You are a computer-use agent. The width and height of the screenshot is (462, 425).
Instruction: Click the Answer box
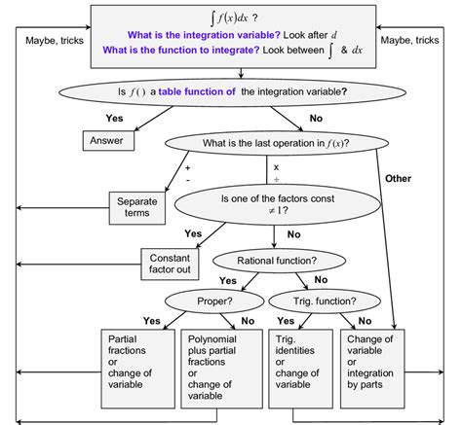(107, 139)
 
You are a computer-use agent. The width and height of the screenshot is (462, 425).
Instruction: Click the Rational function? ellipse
(264, 260)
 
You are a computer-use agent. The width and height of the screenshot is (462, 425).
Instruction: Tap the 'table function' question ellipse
(229, 93)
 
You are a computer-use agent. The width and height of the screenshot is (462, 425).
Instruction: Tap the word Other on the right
(399, 178)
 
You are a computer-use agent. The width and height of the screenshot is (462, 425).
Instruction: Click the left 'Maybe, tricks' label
(51, 40)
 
